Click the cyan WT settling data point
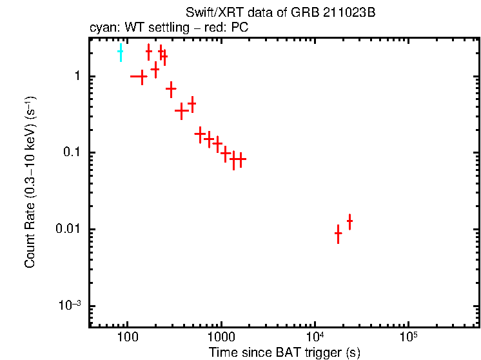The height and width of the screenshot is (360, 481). [120, 52]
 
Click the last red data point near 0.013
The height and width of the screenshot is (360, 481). [349, 221]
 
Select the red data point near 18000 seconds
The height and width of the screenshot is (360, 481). [338, 234]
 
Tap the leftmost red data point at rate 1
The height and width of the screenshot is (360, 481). [140, 76]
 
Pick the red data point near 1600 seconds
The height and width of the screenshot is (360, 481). [240, 159]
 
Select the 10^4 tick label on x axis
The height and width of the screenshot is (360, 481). [314, 337]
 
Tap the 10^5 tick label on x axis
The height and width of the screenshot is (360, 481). [407, 337]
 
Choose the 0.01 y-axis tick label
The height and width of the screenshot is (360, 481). [68, 230]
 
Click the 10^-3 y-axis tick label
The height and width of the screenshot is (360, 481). [70, 305]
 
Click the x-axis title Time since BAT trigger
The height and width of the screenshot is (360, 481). [284, 352]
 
